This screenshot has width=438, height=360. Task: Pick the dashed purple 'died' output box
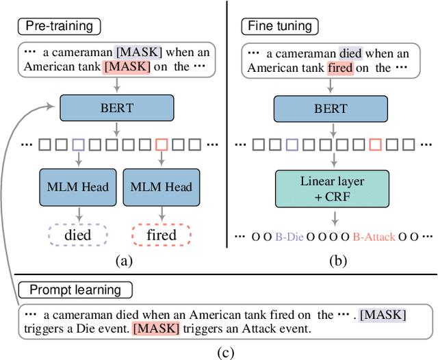pyautogui.click(x=78, y=235)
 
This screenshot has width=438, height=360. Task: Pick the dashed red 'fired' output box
pyautogui.click(x=162, y=235)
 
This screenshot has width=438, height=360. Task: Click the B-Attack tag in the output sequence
pyautogui.click(x=374, y=237)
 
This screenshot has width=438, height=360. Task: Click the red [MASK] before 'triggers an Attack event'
pyautogui.click(x=156, y=329)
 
